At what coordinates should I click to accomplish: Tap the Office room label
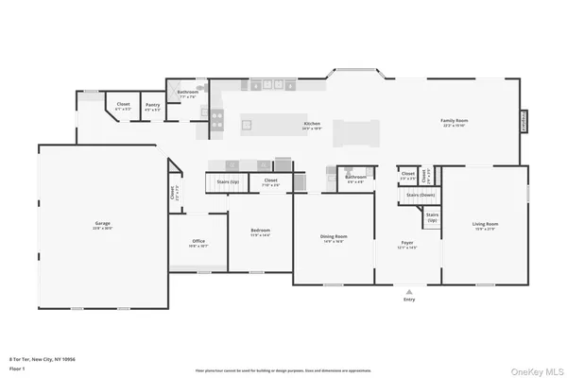coord(198,242)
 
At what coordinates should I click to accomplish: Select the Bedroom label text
coord(260,232)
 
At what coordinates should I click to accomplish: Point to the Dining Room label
coord(334,237)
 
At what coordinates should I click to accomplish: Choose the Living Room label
coord(485,225)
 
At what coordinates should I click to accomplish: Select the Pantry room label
coord(152,105)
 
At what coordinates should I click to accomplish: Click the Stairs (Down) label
coord(420,195)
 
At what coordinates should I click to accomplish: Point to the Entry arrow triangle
coord(409,292)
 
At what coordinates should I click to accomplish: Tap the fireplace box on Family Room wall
coord(523,122)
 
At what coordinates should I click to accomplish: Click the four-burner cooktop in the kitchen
coord(216,118)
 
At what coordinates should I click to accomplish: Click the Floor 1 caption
coord(18,368)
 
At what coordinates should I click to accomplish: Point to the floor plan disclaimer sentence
coord(283,370)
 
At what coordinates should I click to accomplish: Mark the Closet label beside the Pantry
coord(123,105)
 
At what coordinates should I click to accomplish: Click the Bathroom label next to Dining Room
coord(355,177)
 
